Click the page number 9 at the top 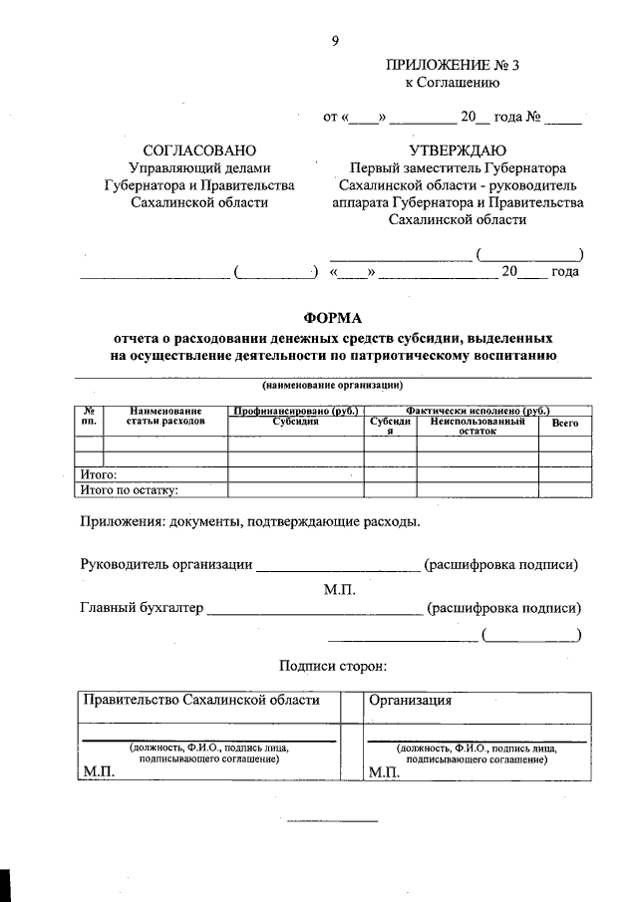(335, 40)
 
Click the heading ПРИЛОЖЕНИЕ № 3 (453, 66)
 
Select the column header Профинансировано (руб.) (295, 410)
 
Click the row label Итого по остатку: (128, 489)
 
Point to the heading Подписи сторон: (332, 666)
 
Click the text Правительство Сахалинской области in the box (201, 700)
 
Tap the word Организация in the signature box (411, 700)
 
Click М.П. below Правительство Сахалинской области (100, 772)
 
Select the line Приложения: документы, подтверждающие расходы (249, 521)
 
